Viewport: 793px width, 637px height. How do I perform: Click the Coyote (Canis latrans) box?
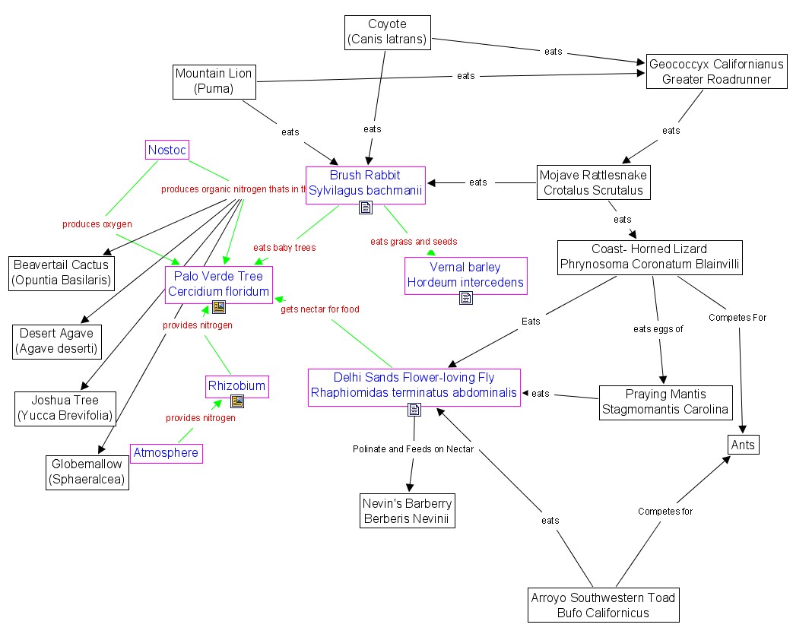coord(387,33)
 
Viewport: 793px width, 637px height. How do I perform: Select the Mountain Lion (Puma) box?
coord(214,81)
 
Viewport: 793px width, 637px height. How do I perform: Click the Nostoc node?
coord(167,149)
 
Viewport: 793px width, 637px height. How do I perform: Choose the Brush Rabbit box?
coord(365,183)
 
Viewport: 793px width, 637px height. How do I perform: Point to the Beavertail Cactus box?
coord(61,273)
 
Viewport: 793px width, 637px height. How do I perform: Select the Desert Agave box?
coord(56,341)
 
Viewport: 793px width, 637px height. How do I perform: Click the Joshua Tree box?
coord(66,408)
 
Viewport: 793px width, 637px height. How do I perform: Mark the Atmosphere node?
coord(166,453)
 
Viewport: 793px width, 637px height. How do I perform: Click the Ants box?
coord(742,445)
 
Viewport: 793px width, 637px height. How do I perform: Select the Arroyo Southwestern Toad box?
coord(603,605)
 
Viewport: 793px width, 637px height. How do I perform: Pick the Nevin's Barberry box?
coord(407,511)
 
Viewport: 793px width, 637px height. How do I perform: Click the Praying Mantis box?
coord(665,401)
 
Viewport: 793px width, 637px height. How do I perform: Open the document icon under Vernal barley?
coord(465,299)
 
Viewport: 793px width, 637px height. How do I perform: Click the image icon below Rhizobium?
coord(237,401)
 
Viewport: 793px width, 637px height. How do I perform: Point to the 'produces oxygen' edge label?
coord(97,224)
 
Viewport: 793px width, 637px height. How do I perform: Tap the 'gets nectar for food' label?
coord(320,309)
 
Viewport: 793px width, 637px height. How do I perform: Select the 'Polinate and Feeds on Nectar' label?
coord(413,449)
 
